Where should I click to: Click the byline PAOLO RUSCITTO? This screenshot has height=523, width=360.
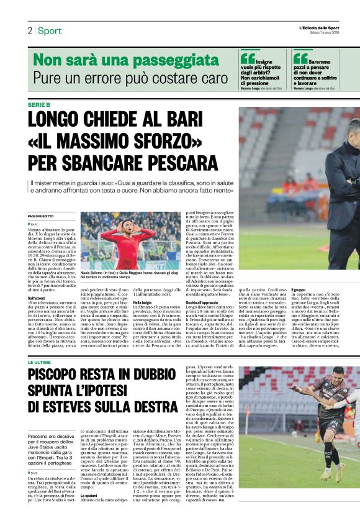point(42,216)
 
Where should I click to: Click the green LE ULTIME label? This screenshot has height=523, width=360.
point(38,362)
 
